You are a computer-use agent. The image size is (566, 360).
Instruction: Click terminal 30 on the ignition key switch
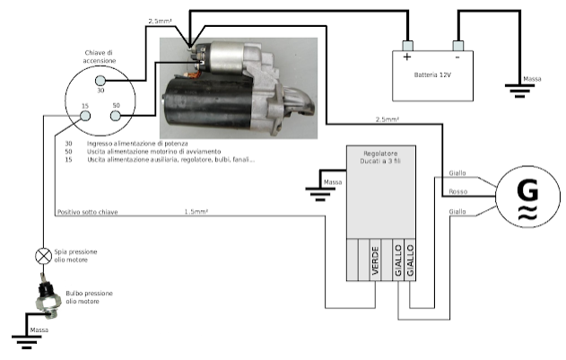[100, 80]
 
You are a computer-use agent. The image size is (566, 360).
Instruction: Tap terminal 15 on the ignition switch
[85, 116]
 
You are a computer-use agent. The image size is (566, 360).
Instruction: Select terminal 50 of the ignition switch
[115, 116]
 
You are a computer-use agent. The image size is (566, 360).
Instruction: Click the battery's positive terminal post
[407, 46]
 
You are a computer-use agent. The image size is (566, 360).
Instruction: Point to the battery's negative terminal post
[458, 46]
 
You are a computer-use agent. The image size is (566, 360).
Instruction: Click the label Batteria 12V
[432, 75]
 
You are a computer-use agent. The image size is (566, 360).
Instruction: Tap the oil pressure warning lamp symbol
[43, 256]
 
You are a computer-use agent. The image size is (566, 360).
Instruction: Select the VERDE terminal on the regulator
[376, 259]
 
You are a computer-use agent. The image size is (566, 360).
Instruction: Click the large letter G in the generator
[527, 191]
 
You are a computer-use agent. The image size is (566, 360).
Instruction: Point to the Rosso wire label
[458, 191]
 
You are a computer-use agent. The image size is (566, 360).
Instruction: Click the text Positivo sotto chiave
[88, 212]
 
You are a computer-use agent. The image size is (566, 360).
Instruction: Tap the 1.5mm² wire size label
[196, 212]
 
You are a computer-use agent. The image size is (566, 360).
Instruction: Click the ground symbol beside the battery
[519, 91]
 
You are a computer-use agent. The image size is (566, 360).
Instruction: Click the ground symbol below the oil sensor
[26, 342]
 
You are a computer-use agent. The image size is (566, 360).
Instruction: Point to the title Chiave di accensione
[100, 57]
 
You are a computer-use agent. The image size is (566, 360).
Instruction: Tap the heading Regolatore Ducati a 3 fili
[380, 157]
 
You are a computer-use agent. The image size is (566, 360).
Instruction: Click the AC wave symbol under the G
[527, 213]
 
